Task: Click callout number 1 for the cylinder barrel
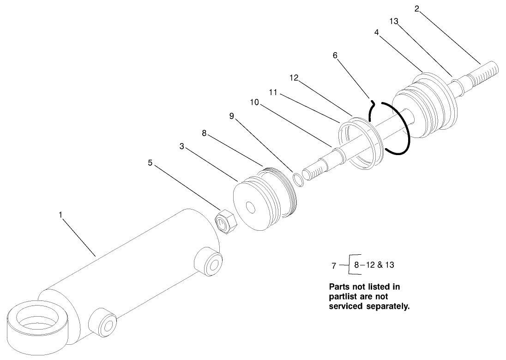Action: click(x=60, y=215)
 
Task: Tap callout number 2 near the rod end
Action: click(x=416, y=9)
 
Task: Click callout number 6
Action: click(x=335, y=55)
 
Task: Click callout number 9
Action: click(x=232, y=116)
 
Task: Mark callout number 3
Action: click(x=183, y=146)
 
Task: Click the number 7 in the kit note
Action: click(x=334, y=266)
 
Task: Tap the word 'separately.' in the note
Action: click(x=386, y=306)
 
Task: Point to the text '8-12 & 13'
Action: click(x=374, y=265)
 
